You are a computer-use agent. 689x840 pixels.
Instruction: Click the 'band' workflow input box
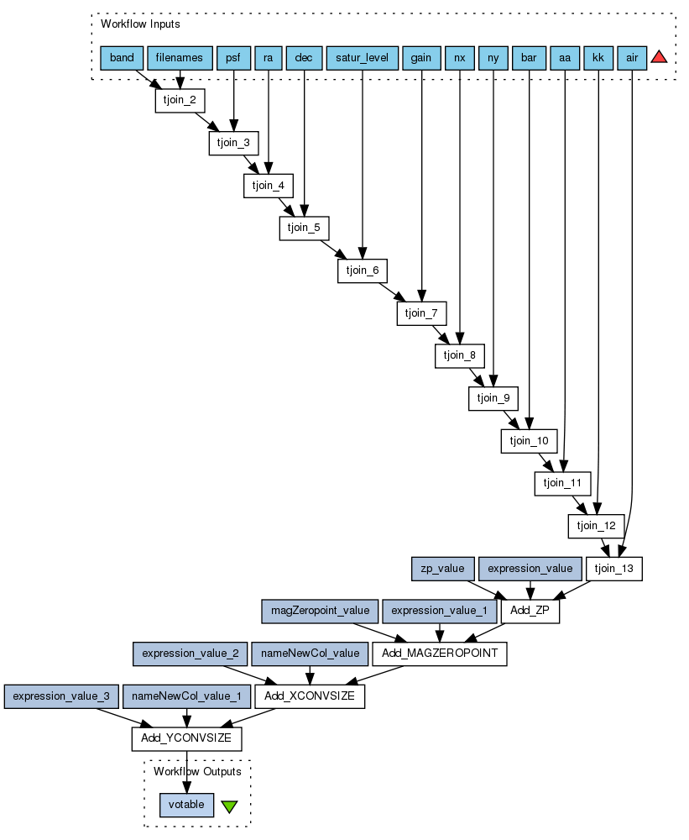(122, 58)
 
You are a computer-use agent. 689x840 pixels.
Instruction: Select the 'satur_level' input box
(362, 58)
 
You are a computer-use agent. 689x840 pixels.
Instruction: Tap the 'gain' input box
(421, 58)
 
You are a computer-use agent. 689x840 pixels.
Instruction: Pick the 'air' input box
(630, 58)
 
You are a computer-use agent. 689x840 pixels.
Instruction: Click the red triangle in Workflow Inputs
(659, 57)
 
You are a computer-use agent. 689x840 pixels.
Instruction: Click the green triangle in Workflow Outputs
(229, 806)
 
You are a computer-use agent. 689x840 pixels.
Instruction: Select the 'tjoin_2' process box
(180, 100)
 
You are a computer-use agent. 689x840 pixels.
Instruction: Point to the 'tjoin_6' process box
(363, 270)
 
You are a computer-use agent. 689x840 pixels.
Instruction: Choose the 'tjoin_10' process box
(530, 440)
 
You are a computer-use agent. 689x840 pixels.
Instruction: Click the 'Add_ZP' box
(529, 611)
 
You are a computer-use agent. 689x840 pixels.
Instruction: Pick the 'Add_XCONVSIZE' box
(310, 696)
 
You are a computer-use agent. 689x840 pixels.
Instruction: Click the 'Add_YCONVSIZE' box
(186, 739)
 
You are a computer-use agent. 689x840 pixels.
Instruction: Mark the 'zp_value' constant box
(443, 569)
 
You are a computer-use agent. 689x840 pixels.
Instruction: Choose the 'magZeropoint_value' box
(320, 611)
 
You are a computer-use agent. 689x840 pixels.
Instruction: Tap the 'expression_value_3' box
(61, 696)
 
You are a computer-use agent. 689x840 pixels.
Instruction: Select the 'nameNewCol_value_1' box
(187, 696)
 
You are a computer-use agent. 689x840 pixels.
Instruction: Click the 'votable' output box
(186, 805)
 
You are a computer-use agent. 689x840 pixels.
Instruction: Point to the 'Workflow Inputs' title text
(140, 24)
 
